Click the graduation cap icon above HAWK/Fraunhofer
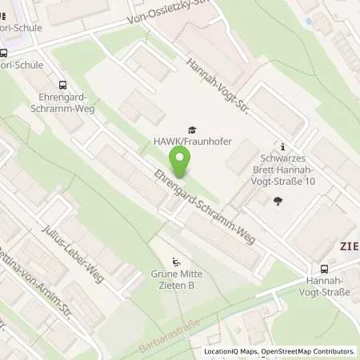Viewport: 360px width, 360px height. click(191, 130)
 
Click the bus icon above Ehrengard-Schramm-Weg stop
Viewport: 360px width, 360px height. click(62, 84)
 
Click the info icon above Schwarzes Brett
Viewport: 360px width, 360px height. click(283, 146)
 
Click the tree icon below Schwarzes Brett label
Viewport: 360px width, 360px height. click(278, 201)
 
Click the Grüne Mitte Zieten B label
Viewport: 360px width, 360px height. click(177, 282)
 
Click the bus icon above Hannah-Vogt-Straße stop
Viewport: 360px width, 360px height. click(324, 269)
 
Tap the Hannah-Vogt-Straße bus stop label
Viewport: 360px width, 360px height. click(324, 288)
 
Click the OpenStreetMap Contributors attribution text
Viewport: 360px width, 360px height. click(311, 350)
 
